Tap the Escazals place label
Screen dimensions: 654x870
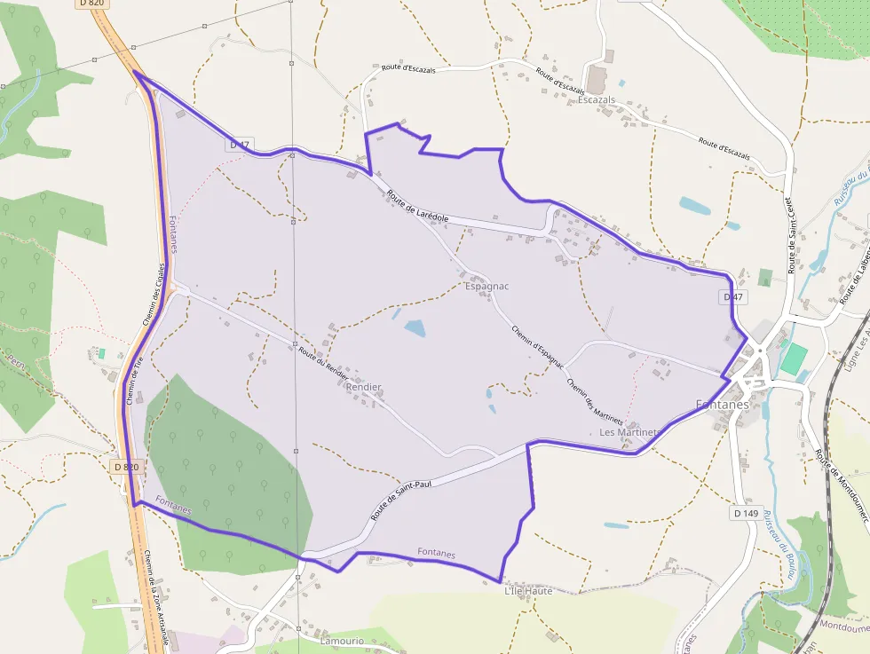tap(597, 100)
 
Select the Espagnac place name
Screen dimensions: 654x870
tap(486, 287)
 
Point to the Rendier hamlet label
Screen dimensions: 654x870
tap(364, 388)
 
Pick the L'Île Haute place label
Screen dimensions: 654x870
tap(528, 591)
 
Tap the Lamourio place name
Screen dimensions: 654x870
tap(343, 641)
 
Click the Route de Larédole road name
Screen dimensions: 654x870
tap(417, 205)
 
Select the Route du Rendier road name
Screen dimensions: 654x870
tap(323, 363)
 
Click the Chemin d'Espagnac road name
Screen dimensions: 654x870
tap(537, 347)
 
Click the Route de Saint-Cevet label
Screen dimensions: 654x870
tap(789, 235)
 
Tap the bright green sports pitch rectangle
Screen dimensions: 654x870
tap(794, 359)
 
